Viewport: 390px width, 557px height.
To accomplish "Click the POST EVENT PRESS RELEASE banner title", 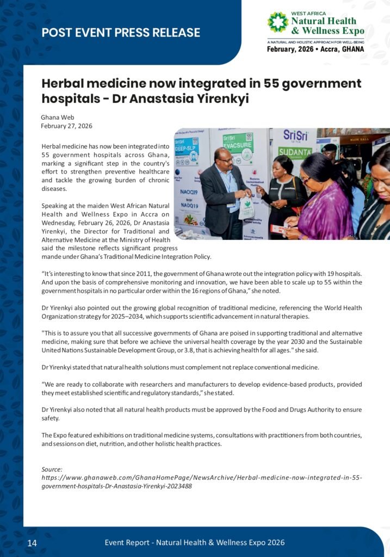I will point(121,33).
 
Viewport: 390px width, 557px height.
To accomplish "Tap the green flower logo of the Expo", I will point(277,22).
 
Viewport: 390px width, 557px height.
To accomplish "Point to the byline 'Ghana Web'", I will point(57,117).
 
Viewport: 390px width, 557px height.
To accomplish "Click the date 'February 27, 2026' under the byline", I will point(66,126).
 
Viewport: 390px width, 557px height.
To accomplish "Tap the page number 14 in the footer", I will point(32,543).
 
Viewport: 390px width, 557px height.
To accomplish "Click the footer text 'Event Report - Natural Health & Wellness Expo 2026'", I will point(194,542).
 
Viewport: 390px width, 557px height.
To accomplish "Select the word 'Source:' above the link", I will point(52,469).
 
